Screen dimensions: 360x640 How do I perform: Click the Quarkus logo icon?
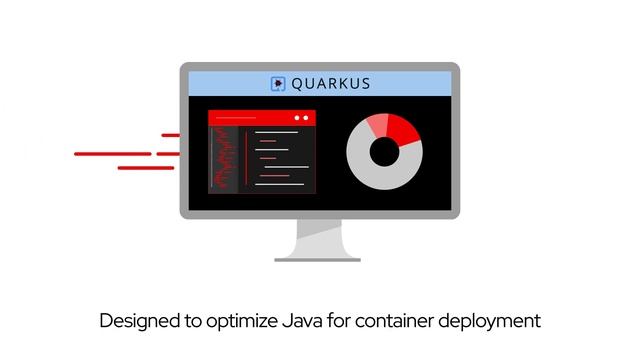[278, 84]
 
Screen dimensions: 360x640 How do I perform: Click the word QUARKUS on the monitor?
[330, 84]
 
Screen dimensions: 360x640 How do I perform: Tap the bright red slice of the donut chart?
[402, 129]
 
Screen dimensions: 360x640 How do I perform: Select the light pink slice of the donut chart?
[377, 124]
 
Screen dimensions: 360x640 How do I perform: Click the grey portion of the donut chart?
[384, 176]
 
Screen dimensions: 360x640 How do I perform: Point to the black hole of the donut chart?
[384, 152]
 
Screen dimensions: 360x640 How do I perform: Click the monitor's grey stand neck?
[317, 238]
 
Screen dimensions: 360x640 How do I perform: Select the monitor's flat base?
[317, 259]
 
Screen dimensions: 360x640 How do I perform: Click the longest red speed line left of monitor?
[112, 154]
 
